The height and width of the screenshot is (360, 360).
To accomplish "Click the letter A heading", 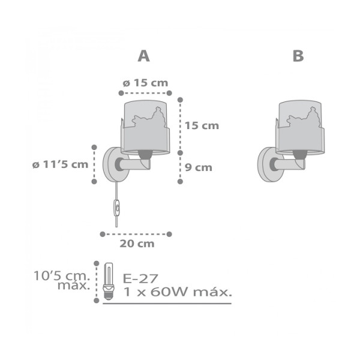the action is coord(144,56).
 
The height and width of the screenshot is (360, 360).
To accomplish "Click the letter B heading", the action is coord(298,56).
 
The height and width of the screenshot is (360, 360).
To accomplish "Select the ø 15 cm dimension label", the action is coord(145,83).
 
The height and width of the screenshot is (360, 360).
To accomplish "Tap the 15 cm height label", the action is coord(202,126).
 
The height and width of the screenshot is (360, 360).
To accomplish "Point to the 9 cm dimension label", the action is coord(199,167).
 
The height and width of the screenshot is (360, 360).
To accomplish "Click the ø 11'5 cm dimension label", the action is coord(60,164).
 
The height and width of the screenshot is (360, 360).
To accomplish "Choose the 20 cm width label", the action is coord(137,244).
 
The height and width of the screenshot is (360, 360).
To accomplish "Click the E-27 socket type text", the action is coord(140,278).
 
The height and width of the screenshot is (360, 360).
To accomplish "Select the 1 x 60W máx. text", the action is coord(178,292).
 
